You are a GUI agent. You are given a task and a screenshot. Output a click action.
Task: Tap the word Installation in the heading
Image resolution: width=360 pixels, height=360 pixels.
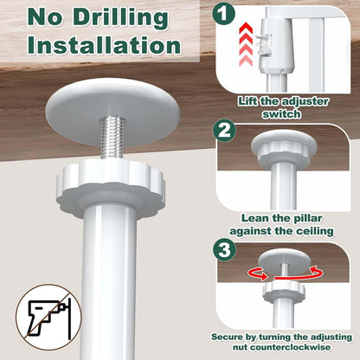pyautogui.click(x=104, y=46)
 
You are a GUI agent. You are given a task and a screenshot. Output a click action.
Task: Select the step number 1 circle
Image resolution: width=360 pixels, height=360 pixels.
pyautogui.click(x=224, y=13)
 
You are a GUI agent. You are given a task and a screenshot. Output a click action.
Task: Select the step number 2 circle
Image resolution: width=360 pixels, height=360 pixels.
pyautogui.click(x=224, y=132)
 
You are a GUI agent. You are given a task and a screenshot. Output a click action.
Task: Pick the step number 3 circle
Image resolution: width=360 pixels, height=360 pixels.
pyautogui.click(x=224, y=250)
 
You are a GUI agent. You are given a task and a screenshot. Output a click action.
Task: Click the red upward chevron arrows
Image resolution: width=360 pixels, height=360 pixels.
pyautogui.click(x=246, y=45)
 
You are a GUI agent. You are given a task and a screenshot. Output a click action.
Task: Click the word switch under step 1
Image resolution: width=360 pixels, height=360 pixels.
pyautogui.click(x=281, y=114)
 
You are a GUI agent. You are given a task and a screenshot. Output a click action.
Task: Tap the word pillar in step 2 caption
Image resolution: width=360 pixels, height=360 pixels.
pyautogui.click(x=306, y=218)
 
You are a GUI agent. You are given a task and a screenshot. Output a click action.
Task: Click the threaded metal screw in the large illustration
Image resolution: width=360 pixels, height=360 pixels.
pyautogui.click(x=110, y=137)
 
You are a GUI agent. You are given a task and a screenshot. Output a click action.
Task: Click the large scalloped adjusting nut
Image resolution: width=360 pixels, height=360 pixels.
pyautogui.click(x=111, y=188)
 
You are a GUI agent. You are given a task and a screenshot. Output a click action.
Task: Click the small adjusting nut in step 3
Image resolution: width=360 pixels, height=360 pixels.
pyautogui.click(x=284, y=292)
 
